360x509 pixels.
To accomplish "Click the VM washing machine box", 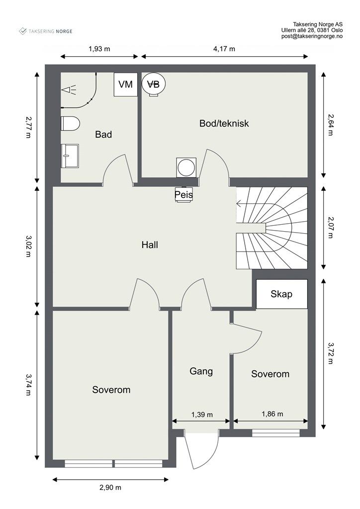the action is pos(126,85).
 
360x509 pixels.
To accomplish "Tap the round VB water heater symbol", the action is pos(154,85).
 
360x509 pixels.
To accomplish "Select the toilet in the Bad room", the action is pos(71,123).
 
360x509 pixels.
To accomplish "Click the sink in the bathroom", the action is pos(70,156).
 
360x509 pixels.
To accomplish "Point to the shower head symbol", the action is pos(69,89).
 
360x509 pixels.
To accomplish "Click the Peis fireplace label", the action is pos(184,195).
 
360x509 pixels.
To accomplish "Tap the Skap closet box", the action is pos(282,294).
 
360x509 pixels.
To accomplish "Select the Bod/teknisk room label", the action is pos(224,123).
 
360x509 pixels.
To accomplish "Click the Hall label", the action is pos(150,245).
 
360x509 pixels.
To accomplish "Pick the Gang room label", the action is pos(201,371).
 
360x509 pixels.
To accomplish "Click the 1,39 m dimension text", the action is pos(202,415).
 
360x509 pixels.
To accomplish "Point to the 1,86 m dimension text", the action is pos(272,414).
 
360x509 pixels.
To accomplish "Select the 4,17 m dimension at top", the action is pos(224,49).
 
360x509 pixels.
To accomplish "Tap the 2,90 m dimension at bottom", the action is pos(110,487).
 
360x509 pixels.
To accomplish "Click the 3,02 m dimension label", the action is pos(28,247).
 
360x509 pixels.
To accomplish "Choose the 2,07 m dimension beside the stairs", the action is pos(330,227).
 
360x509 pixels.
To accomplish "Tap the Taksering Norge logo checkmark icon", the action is pos(23,31).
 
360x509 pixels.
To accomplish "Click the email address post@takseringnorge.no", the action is pos(312,36).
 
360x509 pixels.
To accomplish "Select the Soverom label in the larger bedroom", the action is pos(111,390).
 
